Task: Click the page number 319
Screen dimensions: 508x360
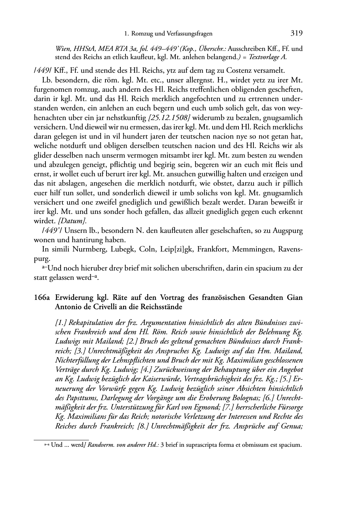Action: coord(296,33)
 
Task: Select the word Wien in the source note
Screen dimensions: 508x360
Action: coord(62,49)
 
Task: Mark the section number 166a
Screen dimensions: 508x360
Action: coord(42,298)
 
